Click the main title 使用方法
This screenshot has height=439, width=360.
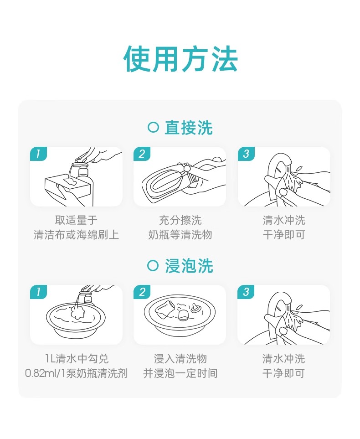coord(180,59)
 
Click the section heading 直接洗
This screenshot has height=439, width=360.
coord(189,128)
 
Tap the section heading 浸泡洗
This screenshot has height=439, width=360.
coord(189,266)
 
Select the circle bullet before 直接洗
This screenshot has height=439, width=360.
coord(153,127)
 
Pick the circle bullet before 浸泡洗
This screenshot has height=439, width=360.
coord(153,265)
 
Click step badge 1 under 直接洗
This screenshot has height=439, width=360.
coord(38,154)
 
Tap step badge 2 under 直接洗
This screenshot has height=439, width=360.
coord(142,154)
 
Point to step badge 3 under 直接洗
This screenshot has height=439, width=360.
coord(246,154)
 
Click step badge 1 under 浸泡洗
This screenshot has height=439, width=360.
coord(38,292)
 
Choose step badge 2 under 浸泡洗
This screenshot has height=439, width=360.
coord(142,292)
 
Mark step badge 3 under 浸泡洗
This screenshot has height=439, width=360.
coord(246,292)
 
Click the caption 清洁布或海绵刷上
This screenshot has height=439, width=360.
coord(76,235)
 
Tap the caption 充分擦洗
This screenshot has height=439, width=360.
coord(180,220)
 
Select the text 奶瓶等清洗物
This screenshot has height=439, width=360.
coord(180,235)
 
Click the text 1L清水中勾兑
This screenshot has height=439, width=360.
coord(77,358)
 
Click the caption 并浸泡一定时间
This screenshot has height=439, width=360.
coord(180,373)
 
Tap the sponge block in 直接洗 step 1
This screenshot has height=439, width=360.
coord(68,184)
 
